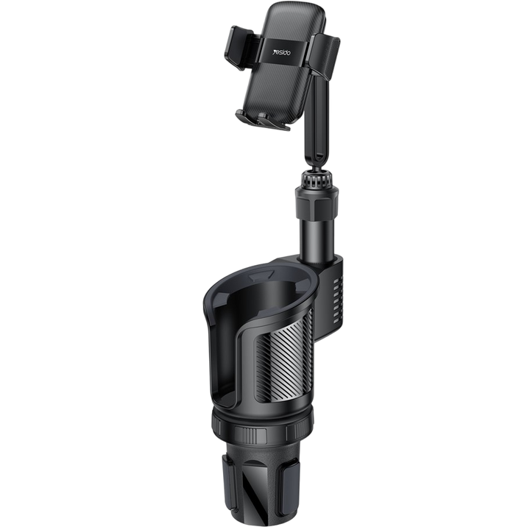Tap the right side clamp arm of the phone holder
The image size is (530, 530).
pyautogui.click(x=325, y=54)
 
